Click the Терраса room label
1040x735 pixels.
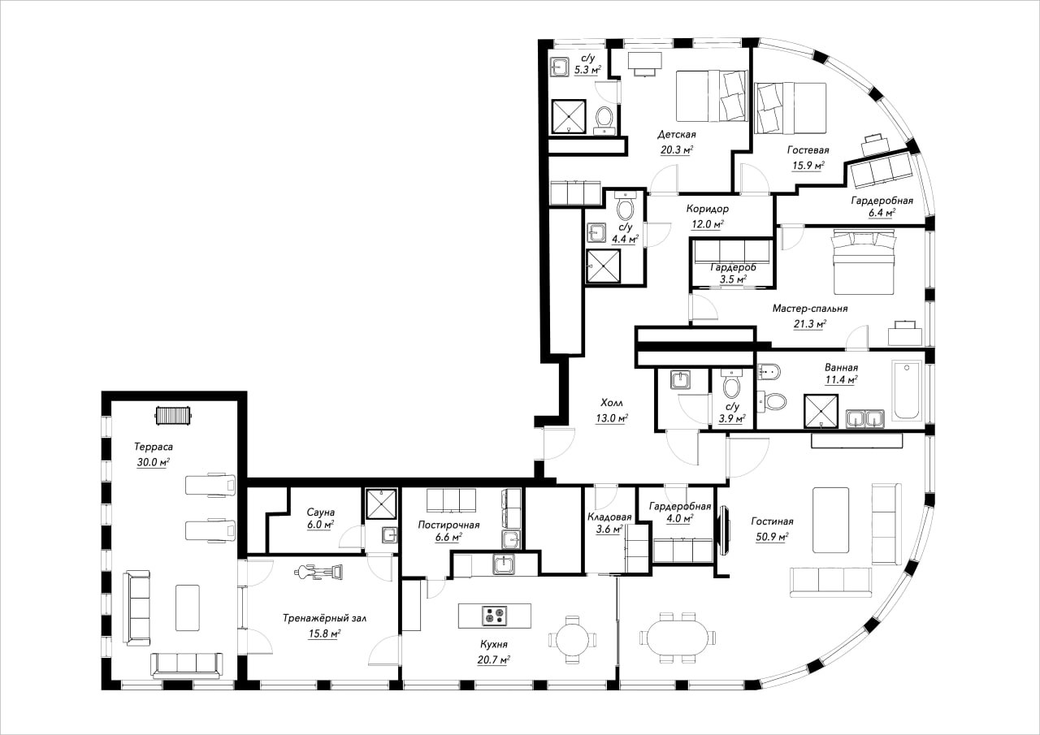point(154,447)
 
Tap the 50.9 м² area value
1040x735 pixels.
point(772,537)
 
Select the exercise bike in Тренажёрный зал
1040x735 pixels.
point(318,572)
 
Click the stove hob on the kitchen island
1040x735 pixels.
point(494,616)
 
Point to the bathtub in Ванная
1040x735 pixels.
point(906,390)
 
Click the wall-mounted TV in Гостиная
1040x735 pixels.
point(723,532)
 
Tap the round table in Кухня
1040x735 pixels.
point(572,639)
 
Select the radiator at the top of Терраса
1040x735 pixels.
point(173,415)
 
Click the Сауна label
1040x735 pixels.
point(320,512)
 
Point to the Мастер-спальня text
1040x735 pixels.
point(810,309)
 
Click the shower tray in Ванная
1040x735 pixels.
point(821,411)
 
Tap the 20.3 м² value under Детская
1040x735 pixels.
point(677,150)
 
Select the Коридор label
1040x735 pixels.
point(707,210)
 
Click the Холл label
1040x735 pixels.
point(612,402)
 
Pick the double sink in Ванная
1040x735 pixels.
point(865,418)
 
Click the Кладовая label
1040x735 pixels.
point(609,517)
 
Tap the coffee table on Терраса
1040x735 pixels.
point(188,607)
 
